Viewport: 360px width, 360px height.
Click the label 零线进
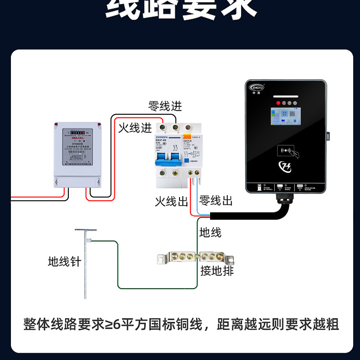pyautogui.click(x=165, y=106)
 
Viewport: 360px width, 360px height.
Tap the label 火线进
pyautogui.click(x=135, y=128)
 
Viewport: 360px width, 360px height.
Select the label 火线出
pyautogui.click(x=171, y=201)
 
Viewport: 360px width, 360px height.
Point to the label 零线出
pyautogui.click(x=216, y=200)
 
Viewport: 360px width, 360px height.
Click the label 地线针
pyautogui.click(x=64, y=262)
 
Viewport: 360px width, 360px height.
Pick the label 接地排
pyautogui.click(x=217, y=271)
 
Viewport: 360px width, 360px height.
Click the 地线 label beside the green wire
pyautogui.click(x=211, y=233)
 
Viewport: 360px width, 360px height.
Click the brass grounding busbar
pyautogui.click(x=196, y=258)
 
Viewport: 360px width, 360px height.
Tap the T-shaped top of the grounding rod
pyautogui.click(x=86, y=231)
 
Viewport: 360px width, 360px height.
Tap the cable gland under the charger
pyautogui.click(x=281, y=198)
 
